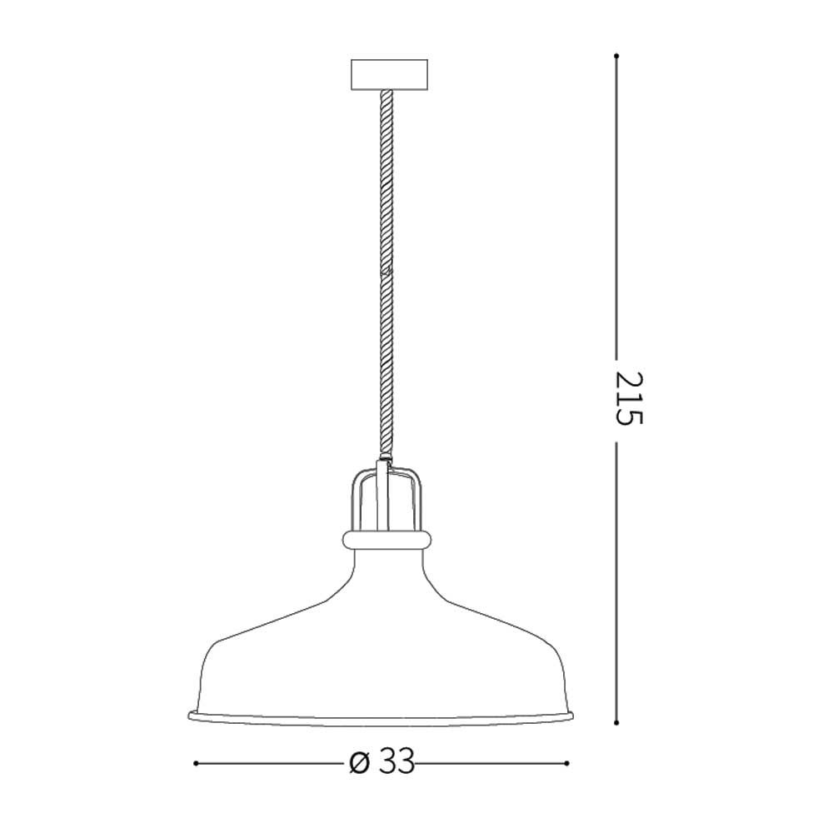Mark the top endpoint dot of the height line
click(x=616, y=56)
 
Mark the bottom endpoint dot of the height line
click(x=616, y=722)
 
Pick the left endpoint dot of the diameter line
click(x=195, y=762)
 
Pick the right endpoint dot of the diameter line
click(x=567, y=762)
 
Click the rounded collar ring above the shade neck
click(x=387, y=540)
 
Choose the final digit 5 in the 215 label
click(x=630, y=414)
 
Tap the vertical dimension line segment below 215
click(x=616, y=583)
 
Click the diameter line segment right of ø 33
click(x=491, y=762)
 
